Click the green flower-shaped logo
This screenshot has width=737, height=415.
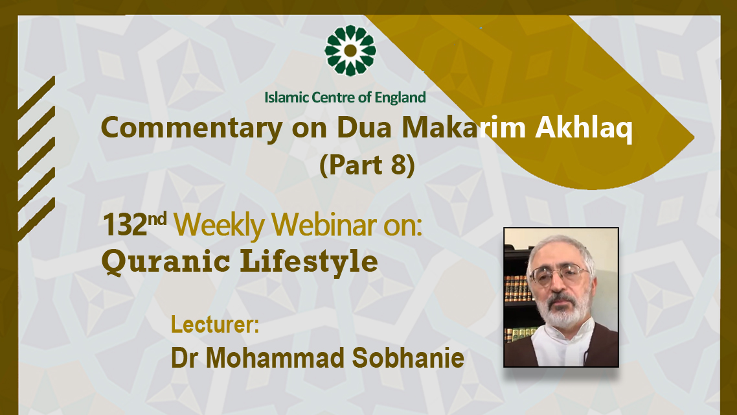click(350, 51)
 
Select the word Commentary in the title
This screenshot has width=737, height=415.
click(192, 128)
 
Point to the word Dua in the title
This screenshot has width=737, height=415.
click(364, 127)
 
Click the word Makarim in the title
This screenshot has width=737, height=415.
click(464, 127)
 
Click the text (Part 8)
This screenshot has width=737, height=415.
click(367, 165)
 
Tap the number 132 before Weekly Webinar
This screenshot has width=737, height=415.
click(125, 225)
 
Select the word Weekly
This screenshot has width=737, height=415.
click(220, 226)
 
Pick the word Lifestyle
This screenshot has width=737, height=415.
click(310, 261)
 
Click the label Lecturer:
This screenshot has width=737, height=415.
click(215, 324)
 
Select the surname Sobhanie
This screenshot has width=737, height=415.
click(408, 358)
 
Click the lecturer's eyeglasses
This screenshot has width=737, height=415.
click(559, 274)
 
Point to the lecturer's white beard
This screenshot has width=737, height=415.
click(563, 308)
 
